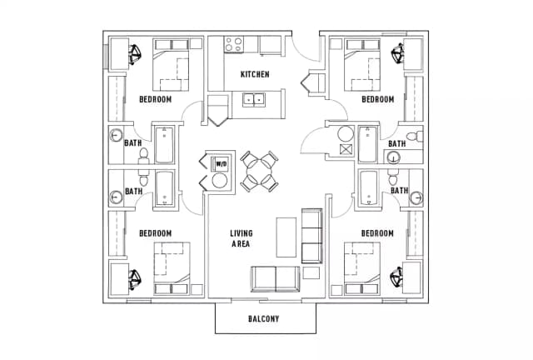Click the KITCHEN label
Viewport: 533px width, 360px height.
(255, 74)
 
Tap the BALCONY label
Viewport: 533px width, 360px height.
(263, 319)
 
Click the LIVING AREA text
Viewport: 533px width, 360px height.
(241, 238)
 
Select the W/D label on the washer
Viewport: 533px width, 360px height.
(222, 164)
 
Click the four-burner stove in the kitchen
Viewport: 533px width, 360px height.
(233, 44)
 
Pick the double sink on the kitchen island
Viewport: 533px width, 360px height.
(254, 100)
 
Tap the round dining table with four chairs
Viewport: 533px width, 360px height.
(259, 171)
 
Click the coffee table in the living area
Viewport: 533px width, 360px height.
(286, 237)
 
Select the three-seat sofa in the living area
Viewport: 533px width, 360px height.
(311, 236)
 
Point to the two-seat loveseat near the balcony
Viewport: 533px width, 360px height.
(276, 279)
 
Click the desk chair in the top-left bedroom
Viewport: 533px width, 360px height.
(135, 54)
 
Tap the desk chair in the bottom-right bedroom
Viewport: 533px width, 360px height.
(396, 277)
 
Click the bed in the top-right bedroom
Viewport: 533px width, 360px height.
(362, 65)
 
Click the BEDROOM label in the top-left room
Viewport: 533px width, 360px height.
(156, 99)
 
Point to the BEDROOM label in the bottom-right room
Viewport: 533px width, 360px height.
(377, 233)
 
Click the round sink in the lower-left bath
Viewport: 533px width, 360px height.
(117, 197)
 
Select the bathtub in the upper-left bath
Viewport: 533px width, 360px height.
(165, 145)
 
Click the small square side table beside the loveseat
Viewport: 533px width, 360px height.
(311, 272)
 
